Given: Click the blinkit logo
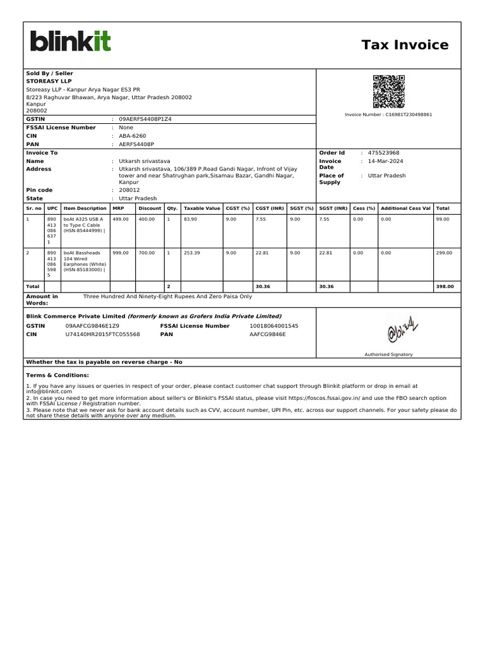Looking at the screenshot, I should click(x=71, y=42).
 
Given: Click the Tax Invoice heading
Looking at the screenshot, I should click(x=405, y=45).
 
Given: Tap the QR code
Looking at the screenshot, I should click(x=388, y=91).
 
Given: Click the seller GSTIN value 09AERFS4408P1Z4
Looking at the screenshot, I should click(x=145, y=119).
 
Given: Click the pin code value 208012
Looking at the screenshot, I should click(x=129, y=190).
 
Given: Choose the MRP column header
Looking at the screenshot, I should click(x=118, y=209).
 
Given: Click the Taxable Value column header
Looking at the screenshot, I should click(x=201, y=209).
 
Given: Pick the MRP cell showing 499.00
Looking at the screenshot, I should click(x=120, y=219).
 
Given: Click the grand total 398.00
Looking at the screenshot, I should click(x=445, y=287).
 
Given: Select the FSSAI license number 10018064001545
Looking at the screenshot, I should click(x=274, y=326).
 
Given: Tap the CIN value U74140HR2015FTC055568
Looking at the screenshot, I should click(x=103, y=334).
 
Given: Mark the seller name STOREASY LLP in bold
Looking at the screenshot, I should click(x=49, y=82).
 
